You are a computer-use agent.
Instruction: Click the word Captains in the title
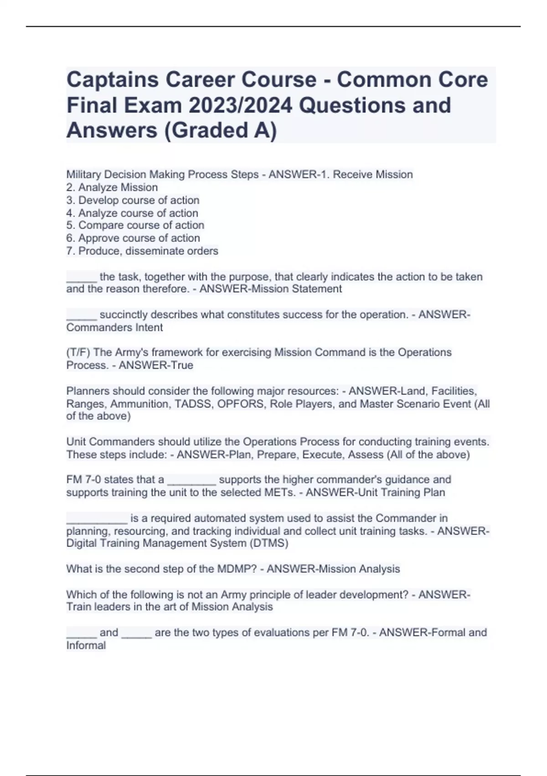tap(112, 80)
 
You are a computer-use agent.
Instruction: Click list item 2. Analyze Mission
tap(112, 187)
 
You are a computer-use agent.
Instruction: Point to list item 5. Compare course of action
tap(135, 225)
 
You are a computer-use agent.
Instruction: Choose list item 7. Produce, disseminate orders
tap(142, 251)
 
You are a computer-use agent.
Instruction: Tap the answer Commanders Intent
tap(114, 327)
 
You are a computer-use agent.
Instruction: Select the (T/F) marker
tap(78, 352)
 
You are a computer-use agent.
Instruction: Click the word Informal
tap(86, 645)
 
